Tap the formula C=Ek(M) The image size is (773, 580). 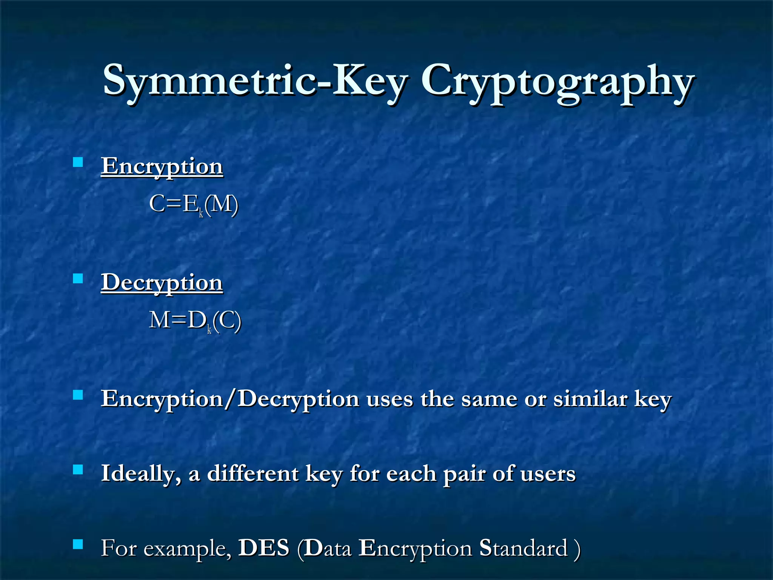pyautogui.click(x=194, y=205)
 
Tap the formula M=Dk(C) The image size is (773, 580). pyautogui.click(x=195, y=321)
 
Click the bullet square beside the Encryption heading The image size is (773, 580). pyautogui.click(x=78, y=162)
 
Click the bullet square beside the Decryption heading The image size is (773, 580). pyautogui.click(x=78, y=279)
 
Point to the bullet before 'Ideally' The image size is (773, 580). pyautogui.click(x=78, y=469)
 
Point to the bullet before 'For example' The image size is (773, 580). pyautogui.click(x=78, y=544)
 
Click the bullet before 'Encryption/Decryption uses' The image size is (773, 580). pyautogui.click(x=78, y=395)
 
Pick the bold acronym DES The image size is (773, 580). pyautogui.click(x=264, y=548)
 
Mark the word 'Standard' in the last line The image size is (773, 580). pyautogui.click(x=523, y=548)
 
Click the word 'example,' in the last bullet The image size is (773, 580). pyautogui.click(x=188, y=549)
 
